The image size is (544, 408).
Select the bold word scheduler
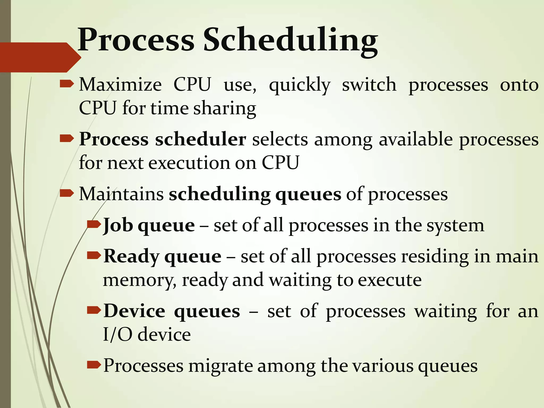(x=201, y=139)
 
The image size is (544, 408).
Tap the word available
(x=415, y=139)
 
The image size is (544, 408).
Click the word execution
(x=189, y=163)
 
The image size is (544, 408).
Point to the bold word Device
(x=134, y=311)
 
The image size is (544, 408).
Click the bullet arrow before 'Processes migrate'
(x=93, y=363)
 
